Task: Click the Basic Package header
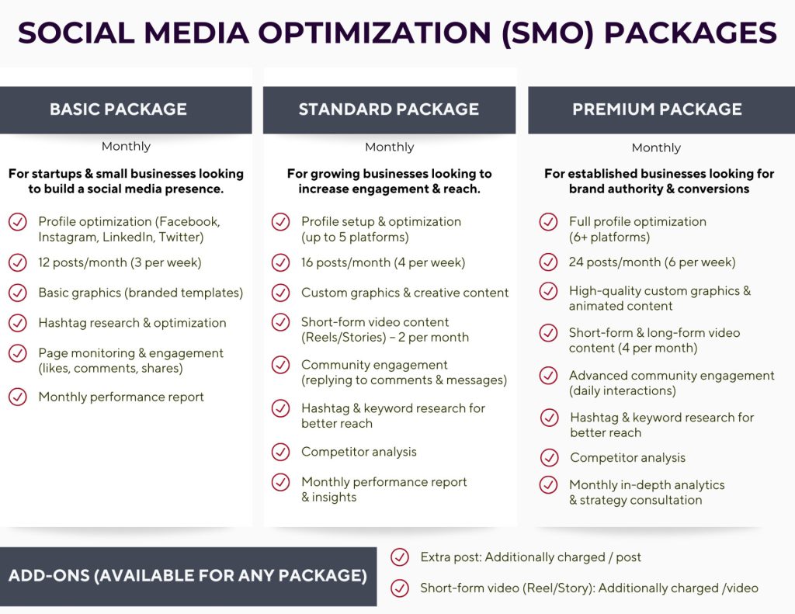click(x=126, y=109)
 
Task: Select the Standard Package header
click(x=389, y=109)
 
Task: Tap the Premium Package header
click(x=661, y=109)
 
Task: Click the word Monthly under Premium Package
click(x=656, y=147)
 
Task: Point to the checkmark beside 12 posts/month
click(x=18, y=262)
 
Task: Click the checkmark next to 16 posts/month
click(x=280, y=262)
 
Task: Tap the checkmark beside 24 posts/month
click(x=548, y=262)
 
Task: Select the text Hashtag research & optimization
click(x=132, y=323)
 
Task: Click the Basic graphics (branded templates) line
click(x=141, y=293)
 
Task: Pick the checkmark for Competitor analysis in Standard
click(x=280, y=452)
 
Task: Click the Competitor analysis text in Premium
click(x=627, y=458)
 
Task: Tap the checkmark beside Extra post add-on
click(x=400, y=557)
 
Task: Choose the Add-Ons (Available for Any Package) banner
click(x=188, y=576)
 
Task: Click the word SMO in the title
click(x=548, y=33)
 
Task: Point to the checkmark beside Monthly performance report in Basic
click(x=18, y=397)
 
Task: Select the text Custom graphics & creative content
click(x=404, y=293)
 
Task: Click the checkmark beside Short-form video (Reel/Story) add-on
click(x=400, y=588)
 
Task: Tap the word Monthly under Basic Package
click(x=126, y=147)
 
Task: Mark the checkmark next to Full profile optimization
click(x=548, y=221)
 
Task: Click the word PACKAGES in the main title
click(x=690, y=33)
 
